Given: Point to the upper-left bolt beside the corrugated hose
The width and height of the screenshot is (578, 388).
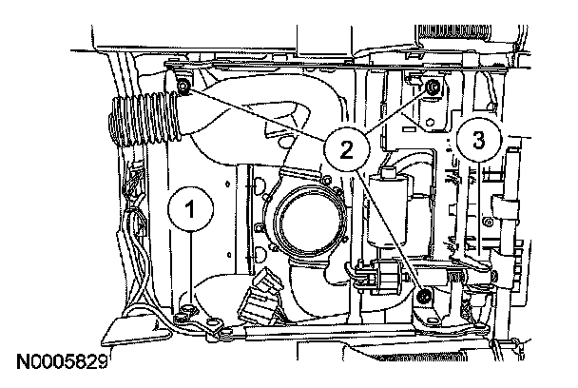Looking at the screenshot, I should pos(183,87).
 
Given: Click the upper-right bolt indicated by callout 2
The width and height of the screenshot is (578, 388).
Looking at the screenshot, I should pos(433,88).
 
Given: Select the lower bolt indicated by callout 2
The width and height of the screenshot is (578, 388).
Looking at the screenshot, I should pos(425,301).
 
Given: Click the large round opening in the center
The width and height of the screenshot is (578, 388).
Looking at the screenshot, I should pos(306,225).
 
